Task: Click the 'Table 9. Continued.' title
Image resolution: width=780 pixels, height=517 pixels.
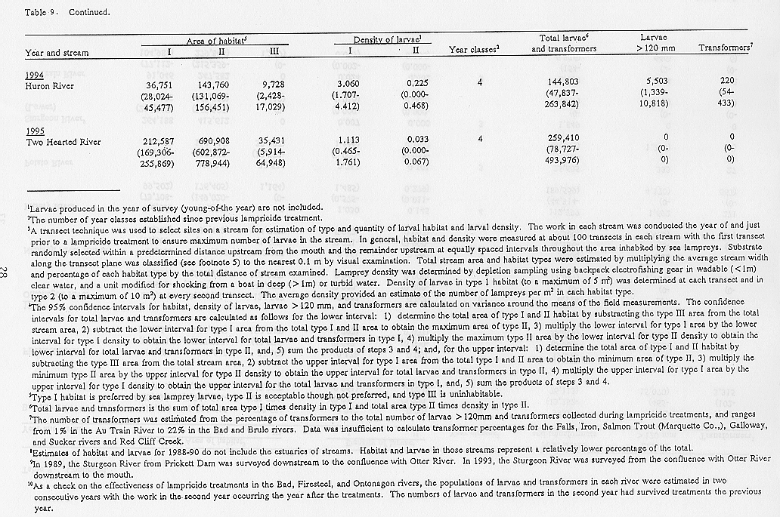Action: [x=57, y=13]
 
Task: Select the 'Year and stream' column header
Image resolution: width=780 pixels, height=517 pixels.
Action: [x=57, y=53]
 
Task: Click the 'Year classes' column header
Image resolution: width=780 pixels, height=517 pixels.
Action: [x=475, y=50]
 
